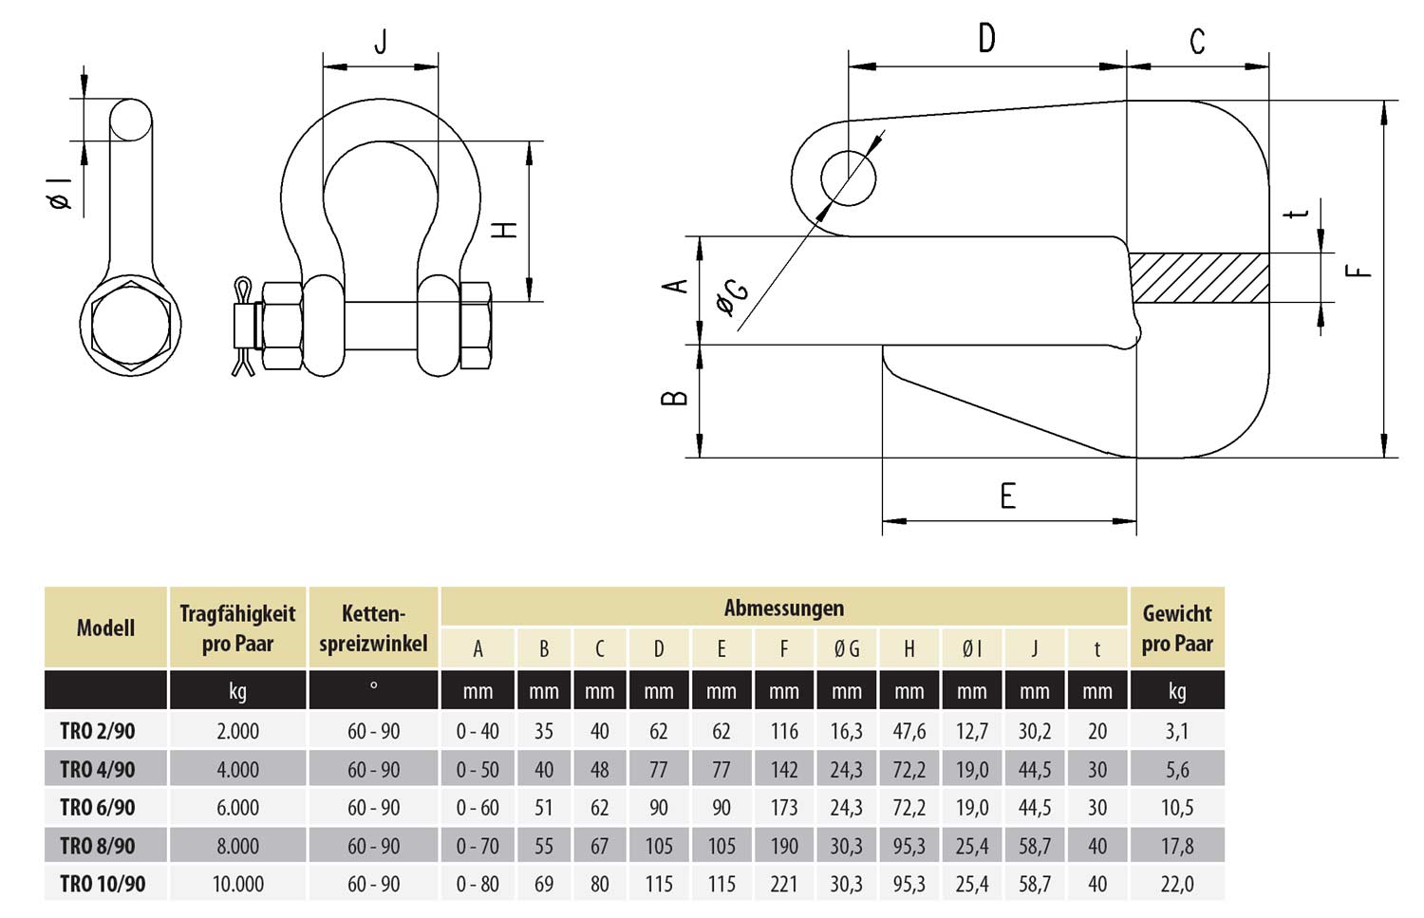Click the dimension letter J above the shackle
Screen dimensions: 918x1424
click(381, 43)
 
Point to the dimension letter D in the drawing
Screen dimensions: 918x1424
click(986, 40)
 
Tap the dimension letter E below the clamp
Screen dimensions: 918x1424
click(1007, 496)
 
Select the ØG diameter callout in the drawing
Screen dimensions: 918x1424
click(732, 296)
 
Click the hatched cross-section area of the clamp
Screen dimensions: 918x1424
click(1200, 278)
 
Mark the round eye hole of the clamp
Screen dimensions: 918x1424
click(848, 178)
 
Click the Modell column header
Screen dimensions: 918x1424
click(105, 628)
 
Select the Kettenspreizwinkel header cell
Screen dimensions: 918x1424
click(373, 628)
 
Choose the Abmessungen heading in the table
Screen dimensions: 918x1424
click(783, 608)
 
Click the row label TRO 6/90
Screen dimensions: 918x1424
click(97, 808)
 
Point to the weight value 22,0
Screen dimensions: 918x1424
click(1176, 884)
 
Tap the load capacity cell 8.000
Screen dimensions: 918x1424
click(237, 846)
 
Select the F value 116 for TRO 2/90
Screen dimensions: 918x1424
click(783, 731)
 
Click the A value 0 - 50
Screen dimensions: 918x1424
click(478, 770)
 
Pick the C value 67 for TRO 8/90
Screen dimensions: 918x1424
click(599, 846)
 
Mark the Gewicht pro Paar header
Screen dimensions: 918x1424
click(1176, 628)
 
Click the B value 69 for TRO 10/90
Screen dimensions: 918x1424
click(544, 884)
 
